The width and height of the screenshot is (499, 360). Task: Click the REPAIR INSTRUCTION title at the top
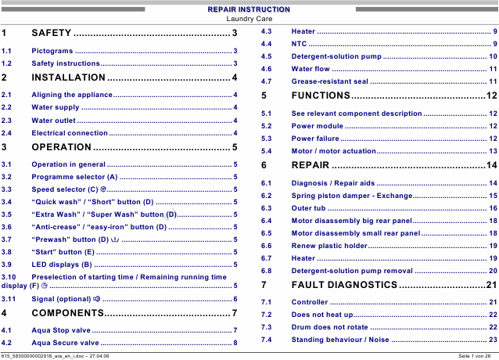click(249, 9)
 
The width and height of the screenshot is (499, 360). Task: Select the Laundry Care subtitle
click(249, 18)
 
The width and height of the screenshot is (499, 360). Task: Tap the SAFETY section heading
click(52, 33)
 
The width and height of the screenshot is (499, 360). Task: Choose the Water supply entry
click(56, 107)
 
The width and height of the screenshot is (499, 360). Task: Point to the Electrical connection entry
click(70, 134)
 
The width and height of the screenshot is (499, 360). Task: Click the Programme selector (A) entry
click(74, 178)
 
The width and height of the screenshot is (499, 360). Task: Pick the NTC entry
click(299, 44)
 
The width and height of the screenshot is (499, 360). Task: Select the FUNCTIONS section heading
click(321, 95)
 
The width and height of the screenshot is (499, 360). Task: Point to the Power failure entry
click(314, 139)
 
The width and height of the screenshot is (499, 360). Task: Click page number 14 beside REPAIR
click(491, 165)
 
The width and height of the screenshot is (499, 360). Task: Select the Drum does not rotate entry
click(329, 327)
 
